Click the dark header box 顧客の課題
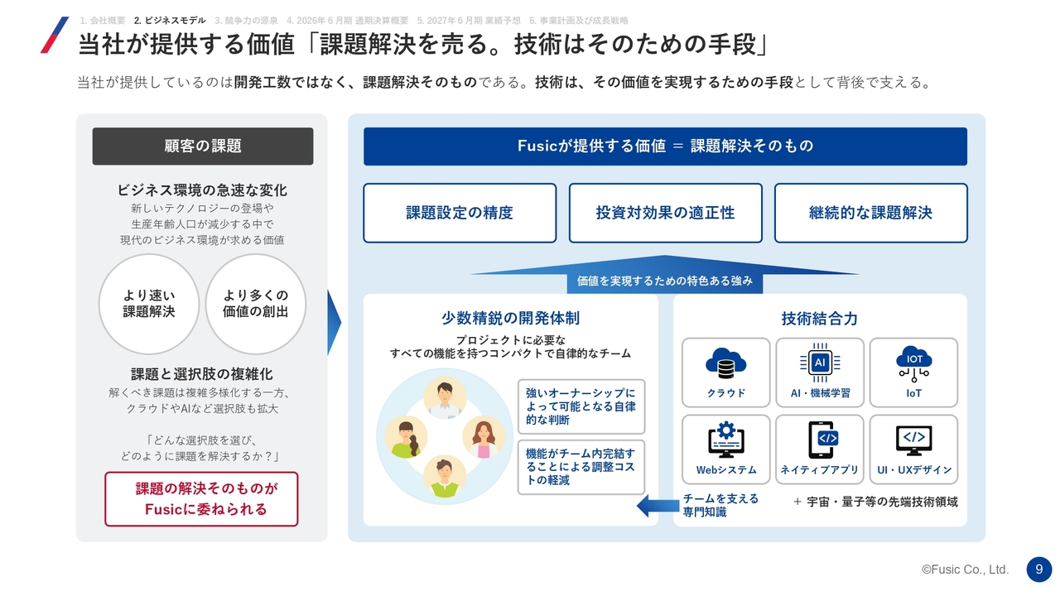click(203, 147)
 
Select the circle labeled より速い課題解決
click(149, 304)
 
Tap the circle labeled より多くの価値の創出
click(256, 304)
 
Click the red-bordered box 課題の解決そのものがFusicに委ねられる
click(201, 498)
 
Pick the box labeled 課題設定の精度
click(460, 213)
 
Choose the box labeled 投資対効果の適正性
click(665, 213)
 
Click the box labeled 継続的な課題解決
click(870, 213)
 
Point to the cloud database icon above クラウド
click(726, 363)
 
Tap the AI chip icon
click(820, 363)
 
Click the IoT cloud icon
click(913, 363)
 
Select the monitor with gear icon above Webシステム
click(726, 440)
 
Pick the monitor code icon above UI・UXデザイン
click(913, 440)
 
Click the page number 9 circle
click(1038, 569)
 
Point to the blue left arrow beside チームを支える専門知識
click(658, 506)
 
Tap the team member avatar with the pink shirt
click(484, 437)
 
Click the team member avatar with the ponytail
click(406, 437)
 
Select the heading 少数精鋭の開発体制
click(511, 319)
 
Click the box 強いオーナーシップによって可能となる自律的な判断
click(581, 406)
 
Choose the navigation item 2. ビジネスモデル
click(170, 21)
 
